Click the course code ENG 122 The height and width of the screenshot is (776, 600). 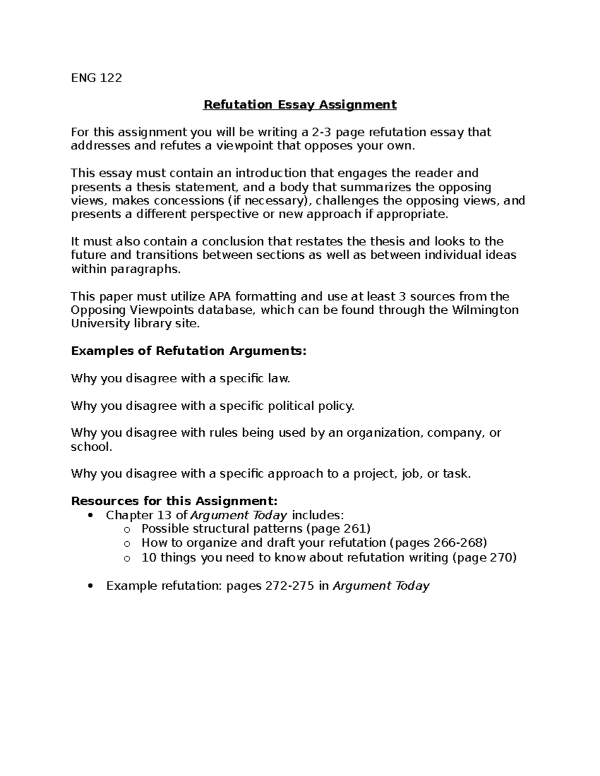[x=96, y=78]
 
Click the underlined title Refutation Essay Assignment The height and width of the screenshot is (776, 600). [x=299, y=105]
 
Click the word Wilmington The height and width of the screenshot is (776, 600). [x=485, y=310]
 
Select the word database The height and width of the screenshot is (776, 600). [x=226, y=310]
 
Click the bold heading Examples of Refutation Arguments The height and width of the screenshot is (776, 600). [x=188, y=351]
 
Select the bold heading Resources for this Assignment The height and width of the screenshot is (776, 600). [x=174, y=501]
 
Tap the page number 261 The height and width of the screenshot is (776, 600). [x=355, y=529]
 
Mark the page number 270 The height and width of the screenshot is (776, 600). [x=501, y=558]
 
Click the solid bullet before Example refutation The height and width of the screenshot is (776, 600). [x=90, y=586]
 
